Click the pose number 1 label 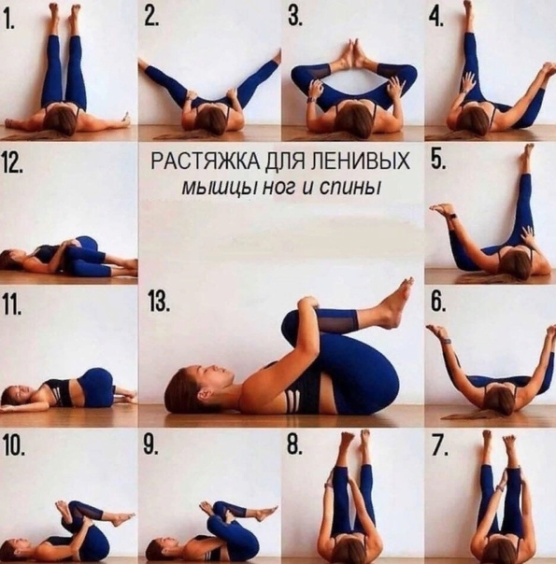[9, 19]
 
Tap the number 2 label [152, 17]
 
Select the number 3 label [295, 17]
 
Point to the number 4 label [435, 17]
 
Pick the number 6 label [438, 303]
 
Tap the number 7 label [440, 446]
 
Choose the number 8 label [294, 446]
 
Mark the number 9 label [150, 446]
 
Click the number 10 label [14, 446]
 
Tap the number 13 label [158, 303]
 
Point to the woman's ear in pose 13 [202, 394]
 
